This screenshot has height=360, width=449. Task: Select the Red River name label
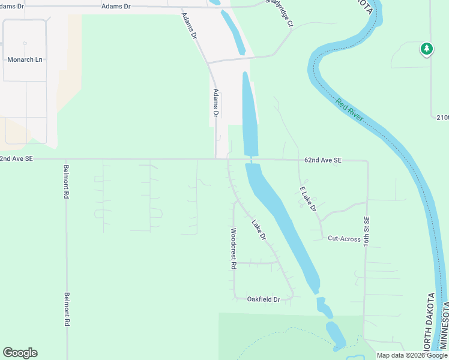click(x=350, y=110)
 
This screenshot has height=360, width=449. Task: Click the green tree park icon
click(x=426, y=49)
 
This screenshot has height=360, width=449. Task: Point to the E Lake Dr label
click(x=308, y=199)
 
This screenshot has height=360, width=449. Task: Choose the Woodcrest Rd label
click(x=234, y=248)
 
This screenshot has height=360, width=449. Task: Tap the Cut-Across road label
click(x=344, y=238)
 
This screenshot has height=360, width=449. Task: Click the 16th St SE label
click(x=366, y=230)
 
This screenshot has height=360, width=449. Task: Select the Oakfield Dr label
click(x=264, y=299)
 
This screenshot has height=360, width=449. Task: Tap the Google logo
click(x=20, y=353)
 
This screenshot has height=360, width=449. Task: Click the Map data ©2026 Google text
click(x=412, y=355)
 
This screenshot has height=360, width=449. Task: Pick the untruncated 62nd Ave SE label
click(x=322, y=160)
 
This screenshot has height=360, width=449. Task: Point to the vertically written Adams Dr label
click(x=216, y=102)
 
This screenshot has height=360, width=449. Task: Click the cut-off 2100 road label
click(x=442, y=117)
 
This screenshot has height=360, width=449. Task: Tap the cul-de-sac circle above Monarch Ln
click(x=25, y=43)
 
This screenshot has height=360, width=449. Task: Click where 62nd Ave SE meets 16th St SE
click(x=367, y=161)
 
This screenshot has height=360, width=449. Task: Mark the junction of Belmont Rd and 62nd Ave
click(x=65, y=160)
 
